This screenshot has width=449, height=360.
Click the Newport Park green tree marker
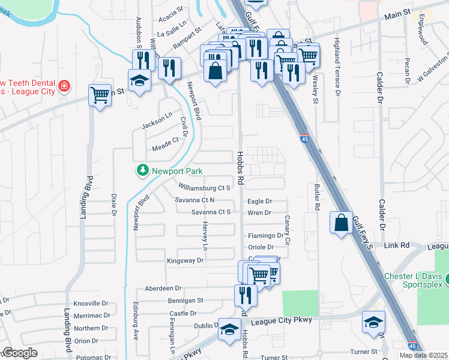pos(143,171)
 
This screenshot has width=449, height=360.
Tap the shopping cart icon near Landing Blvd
pos(100,94)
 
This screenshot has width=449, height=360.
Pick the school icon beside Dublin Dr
pos(229,329)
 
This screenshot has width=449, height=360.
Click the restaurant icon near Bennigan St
pos(245,295)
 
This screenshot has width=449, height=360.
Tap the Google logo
pos(20,353)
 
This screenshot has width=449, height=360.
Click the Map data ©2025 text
pos(423,355)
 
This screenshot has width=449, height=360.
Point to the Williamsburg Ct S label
pos(205,188)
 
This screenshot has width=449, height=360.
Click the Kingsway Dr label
pos(185,261)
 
